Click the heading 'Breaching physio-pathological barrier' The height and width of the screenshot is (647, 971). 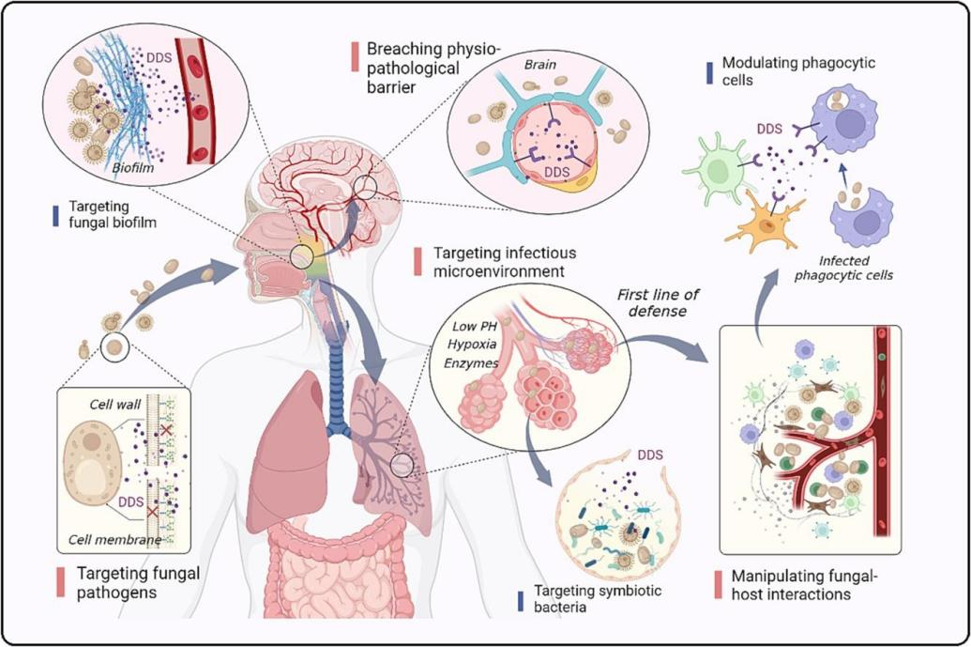coord(428,68)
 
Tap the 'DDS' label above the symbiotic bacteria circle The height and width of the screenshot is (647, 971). coord(649,455)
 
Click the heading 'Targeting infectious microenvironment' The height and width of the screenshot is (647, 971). coord(505,262)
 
